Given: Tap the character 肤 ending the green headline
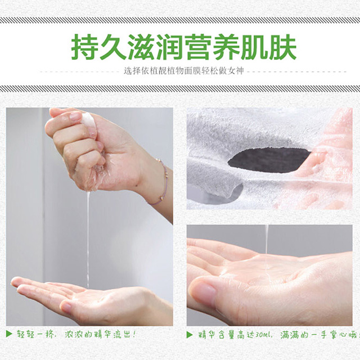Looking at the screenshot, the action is (283, 47).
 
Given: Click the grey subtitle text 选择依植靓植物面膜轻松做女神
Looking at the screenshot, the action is (184, 71).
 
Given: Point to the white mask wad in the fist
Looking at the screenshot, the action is (88, 119).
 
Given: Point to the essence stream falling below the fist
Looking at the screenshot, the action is (88, 238).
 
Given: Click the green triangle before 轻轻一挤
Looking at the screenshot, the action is (9, 334).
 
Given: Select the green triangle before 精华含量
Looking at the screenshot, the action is (190, 335).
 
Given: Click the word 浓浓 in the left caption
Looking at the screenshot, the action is (73, 334).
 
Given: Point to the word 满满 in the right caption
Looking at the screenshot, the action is (289, 335).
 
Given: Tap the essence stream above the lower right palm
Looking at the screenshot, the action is (267, 238).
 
